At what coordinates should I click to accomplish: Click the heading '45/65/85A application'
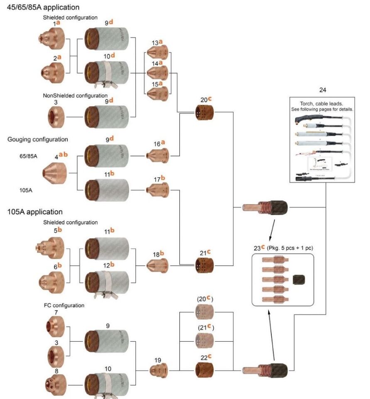coord(43,7)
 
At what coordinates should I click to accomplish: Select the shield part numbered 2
coord(51,71)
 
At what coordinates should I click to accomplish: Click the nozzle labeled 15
coord(157,93)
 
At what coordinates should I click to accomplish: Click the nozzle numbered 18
coord(158,264)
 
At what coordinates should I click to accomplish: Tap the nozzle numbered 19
coord(158,369)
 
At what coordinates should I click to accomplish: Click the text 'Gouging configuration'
coord(38,139)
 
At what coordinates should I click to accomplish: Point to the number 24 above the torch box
coord(323,89)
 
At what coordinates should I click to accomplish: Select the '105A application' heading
coord(35,212)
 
